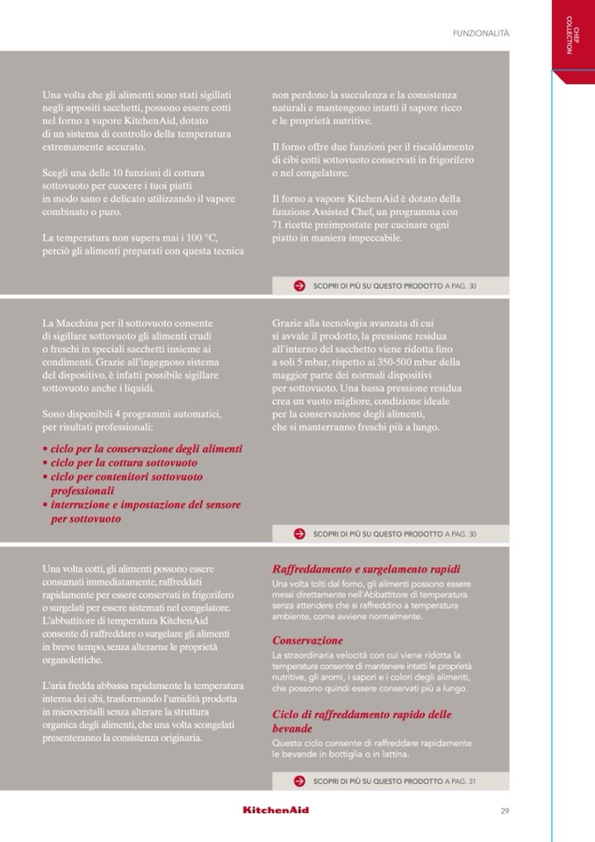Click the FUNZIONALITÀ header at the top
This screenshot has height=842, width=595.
click(481, 32)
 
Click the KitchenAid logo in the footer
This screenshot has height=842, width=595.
click(276, 810)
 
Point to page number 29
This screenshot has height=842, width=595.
click(505, 810)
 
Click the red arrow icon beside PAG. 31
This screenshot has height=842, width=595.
click(299, 781)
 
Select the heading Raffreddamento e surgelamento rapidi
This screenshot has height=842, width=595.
click(366, 569)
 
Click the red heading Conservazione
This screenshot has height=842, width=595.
click(307, 641)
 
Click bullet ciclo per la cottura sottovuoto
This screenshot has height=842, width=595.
click(123, 463)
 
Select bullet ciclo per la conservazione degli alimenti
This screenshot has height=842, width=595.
click(146, 449)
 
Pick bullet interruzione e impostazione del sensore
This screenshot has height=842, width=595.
click(145, 505)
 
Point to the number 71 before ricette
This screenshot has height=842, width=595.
click(278, 226)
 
